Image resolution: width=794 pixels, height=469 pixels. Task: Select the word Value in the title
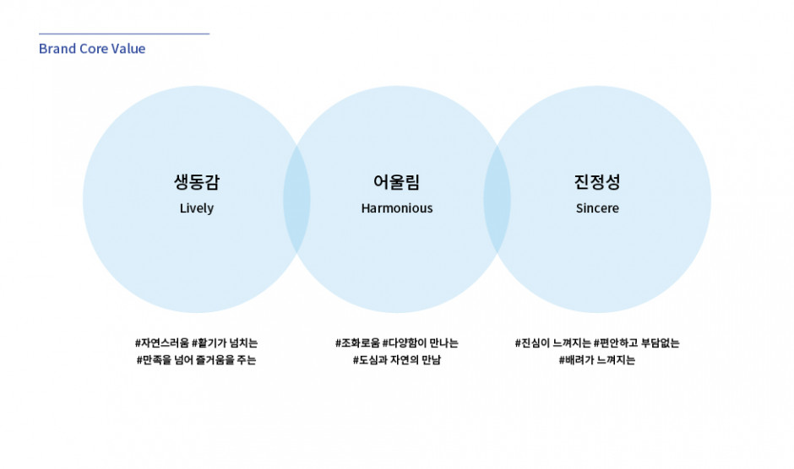point(128,49)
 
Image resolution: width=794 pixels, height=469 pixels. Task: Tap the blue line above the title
point(124,34)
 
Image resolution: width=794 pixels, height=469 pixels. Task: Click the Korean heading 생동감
point(197,181)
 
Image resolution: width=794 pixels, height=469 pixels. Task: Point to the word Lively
point(197,208)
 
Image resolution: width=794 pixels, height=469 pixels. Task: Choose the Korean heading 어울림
point(396,181)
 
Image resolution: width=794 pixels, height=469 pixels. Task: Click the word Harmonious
point(397,208)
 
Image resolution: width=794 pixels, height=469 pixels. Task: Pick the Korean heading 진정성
point(597,181)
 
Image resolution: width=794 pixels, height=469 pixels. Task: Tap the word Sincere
point(597,208)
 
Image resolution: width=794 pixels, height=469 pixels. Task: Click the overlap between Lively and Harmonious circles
point(296,199)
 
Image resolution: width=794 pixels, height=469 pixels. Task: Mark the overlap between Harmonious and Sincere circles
point(497,199)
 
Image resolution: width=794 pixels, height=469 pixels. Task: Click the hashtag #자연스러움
point(162,343)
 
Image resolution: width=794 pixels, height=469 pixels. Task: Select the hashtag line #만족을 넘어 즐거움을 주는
point(197,360)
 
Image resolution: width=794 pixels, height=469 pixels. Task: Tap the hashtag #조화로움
point(357,343)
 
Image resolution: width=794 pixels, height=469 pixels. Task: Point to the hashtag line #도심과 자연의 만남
point(397,360)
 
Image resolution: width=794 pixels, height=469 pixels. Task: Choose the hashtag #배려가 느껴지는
point(597,360)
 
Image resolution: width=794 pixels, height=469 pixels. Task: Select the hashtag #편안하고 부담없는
point(637,343)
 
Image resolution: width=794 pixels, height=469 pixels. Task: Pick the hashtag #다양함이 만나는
point(421,343)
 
